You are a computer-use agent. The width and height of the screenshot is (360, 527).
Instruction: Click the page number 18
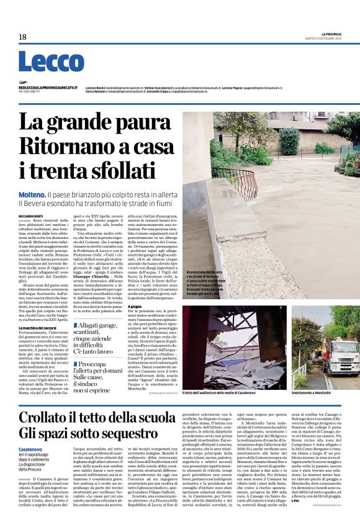click(x=22, y=37)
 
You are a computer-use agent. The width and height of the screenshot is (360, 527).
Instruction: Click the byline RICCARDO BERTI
click(x=31, y=215)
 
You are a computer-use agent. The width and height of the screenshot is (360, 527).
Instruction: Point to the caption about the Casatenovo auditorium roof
click(x=223, y=394)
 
